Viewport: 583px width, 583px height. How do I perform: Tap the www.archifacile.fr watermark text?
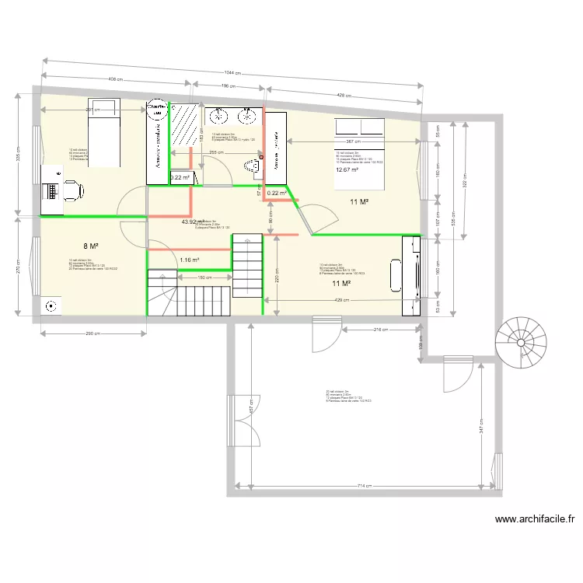point(534,520)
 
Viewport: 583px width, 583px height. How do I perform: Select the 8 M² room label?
point(91,245)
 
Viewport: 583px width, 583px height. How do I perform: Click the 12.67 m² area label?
point(347,169)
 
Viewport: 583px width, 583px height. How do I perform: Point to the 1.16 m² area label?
point(190,260)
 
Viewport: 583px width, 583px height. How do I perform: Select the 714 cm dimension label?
point(364,487)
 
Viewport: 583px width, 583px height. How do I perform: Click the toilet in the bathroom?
point(251,165)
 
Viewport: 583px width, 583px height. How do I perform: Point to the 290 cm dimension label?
point(93,334)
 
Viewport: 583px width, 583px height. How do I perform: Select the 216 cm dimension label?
point(381,330)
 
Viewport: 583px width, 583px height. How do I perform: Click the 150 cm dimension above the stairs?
point(204,278)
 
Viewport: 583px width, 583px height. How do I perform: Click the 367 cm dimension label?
point(352,141)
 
